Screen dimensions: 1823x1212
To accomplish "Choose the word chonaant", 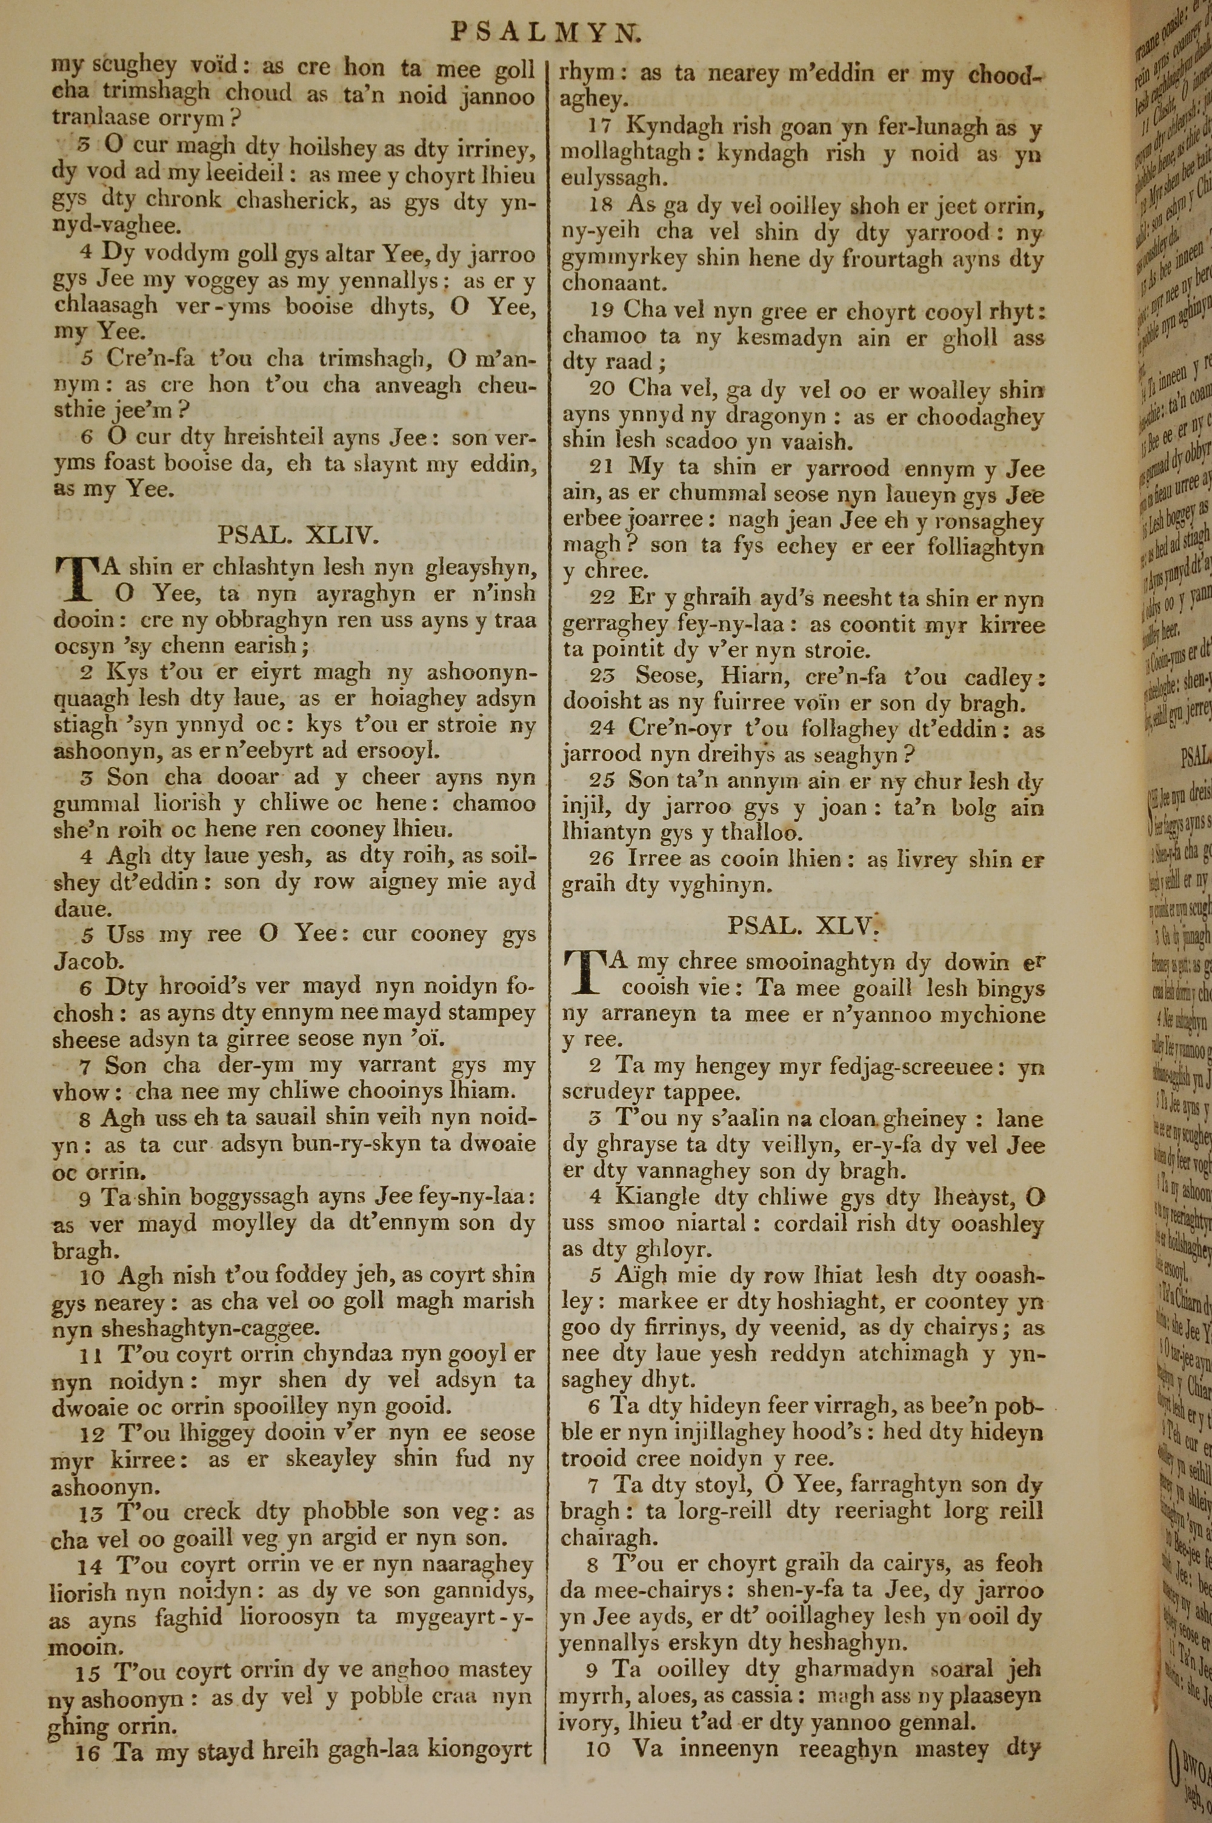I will [612, 284].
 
